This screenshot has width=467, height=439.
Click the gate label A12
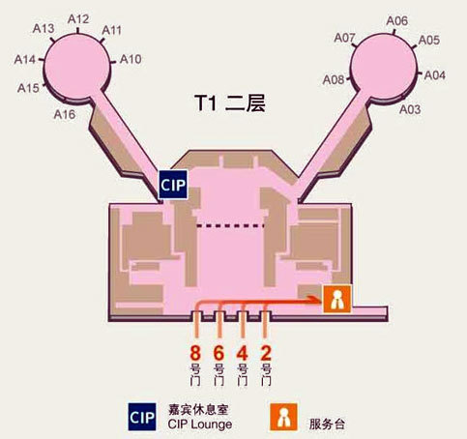click(x=78, y=19)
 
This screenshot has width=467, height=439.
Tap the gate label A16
click(x=65, y=114)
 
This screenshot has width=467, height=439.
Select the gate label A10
click(x=131, y=59)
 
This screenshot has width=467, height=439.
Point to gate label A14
click(x=25, y=60)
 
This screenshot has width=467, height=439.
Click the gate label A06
click(x=397, y=21)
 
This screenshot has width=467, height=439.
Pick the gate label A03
click(x=410, y=109)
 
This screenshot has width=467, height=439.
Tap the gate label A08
click(x=334, y=80)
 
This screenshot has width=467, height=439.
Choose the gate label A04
click(x=435, y=75)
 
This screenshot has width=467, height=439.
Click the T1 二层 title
click(x=230, y=103)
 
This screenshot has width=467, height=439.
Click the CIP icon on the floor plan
click(x=173, y=185)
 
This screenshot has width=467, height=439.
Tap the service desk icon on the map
click(x=337, y=299)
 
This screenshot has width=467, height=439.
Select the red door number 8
click(x=195, y=353)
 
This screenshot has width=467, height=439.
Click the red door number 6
click(x=219, y=353)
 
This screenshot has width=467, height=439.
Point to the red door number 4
click(x=243, y=353)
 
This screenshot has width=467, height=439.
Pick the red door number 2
click(x=266, y=353)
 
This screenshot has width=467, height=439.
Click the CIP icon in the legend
click(x=142, y=417)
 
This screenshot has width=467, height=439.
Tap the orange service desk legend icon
click(x=283, y=417)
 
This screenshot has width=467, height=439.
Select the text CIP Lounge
click(x=200, y=424)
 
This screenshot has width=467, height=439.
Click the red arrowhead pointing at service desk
click(x=314, y=300)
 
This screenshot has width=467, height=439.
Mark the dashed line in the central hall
click(x=230, y=225)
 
